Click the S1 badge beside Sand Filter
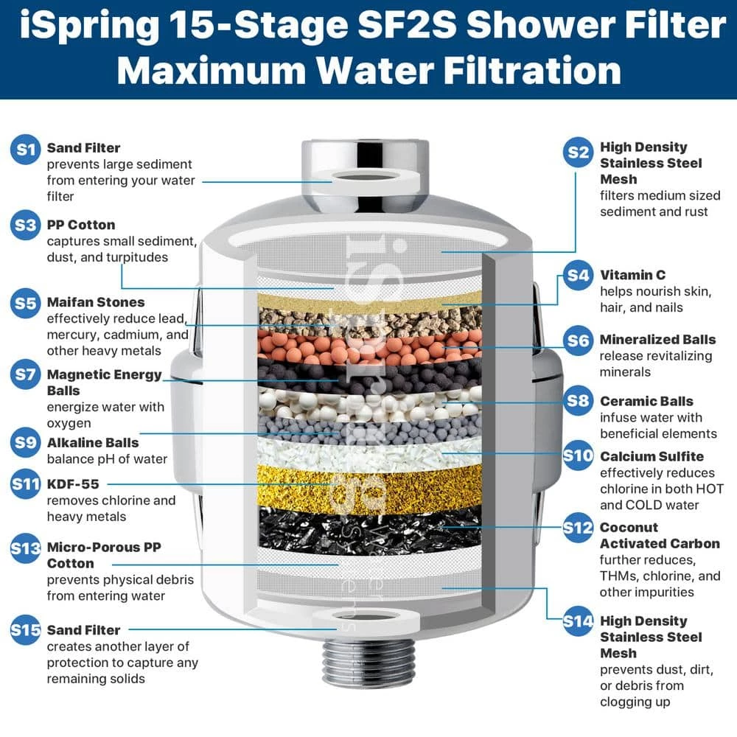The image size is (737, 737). pos(27,150)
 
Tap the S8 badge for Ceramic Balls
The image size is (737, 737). pos(579,400)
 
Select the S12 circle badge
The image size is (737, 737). pos(579,528)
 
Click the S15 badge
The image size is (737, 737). pos(27,630)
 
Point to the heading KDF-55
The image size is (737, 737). pos(72,484)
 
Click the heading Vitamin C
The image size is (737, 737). pos(632,275)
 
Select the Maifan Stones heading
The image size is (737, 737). pos(96,302)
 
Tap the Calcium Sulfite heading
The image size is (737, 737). pos(652,456)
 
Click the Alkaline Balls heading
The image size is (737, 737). pos(92,443)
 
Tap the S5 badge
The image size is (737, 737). pos(27,302)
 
